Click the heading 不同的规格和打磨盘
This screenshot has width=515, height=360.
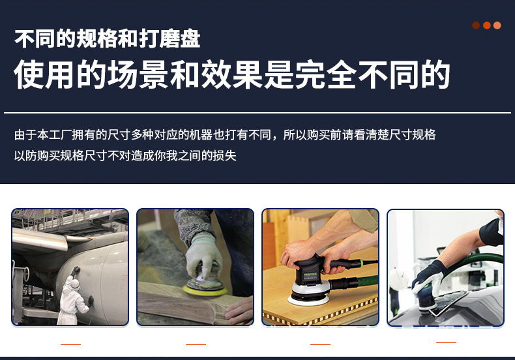coord(107,39)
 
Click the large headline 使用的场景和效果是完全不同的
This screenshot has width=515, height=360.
coord(232,74)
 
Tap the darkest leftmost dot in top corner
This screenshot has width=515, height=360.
coord(476,25)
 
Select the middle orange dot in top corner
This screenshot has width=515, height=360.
coord(486,25)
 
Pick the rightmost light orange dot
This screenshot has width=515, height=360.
coord(497,25)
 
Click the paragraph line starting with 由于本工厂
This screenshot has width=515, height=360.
coord(224,135)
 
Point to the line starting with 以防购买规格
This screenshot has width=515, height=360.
coord(125,156)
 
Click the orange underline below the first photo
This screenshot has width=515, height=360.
coord(70,344)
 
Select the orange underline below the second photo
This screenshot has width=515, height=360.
coord(196,344)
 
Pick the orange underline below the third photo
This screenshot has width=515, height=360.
coord(320,344)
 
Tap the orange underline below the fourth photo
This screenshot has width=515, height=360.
coord(446,342)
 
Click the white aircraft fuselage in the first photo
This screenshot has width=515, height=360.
coord(98,261)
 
